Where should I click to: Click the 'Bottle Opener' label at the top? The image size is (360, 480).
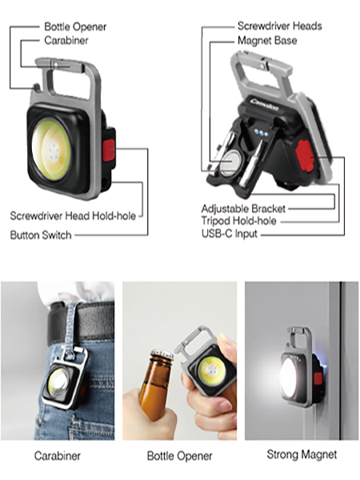coord(75,26)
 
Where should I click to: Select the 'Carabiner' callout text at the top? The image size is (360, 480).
coord(66,41)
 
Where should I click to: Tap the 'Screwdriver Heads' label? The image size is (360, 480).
coord(279,26)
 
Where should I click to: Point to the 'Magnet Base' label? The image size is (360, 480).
coord(267,41)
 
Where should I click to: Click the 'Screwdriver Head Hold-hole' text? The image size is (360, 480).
coord(73,216)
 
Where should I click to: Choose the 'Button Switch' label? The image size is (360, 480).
coord(41,235)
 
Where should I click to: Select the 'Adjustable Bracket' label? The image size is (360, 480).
coord(243,209)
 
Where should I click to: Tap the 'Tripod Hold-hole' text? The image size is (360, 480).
coord(238,221)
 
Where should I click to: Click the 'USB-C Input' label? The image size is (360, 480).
coord(230,234)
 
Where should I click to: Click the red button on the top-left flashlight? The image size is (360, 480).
coord(109,150)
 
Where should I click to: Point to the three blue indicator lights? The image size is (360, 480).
coord(261,133)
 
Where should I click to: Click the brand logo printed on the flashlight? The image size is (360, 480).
coord(265,104)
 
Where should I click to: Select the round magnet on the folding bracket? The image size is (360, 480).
coord(230,161)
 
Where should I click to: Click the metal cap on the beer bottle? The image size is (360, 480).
coord(162,354)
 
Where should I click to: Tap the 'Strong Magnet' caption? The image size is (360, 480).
coord(302,454)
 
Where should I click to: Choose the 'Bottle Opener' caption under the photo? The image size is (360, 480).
coord(179,456)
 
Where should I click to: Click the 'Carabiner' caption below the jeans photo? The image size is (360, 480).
coord(58,456)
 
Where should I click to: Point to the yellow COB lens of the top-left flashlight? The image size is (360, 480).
coord(51,150)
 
